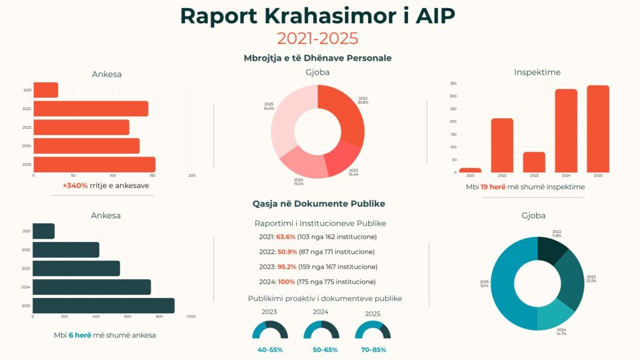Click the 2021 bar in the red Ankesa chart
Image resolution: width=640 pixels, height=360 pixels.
[x=45, y=90]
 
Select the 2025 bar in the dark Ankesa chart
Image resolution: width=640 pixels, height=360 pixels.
[x=103, y=306]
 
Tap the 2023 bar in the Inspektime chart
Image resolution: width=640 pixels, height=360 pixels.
[x=534, y=162]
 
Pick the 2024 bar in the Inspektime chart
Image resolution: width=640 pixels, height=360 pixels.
[x=566, y=131]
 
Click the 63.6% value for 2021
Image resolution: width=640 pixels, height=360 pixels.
[x=286, y=237]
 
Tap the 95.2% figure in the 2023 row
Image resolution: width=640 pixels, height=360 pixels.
[x=286, y=267]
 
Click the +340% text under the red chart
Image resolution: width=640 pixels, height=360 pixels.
[x=75, y=186]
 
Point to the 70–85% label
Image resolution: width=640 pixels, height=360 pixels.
[x=372, y=349]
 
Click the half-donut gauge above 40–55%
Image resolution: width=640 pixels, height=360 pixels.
[x=270, y=331]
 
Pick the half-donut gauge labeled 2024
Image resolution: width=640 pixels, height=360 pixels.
[x=321, y=331]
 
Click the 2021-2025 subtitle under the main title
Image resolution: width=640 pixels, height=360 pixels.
[x=317, y=38]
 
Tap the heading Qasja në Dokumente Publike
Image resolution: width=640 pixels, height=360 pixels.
[x=319, y=204]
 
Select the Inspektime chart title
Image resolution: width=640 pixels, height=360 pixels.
[x=537, y=72]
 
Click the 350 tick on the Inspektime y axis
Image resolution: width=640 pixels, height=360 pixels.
[x=453, y=84]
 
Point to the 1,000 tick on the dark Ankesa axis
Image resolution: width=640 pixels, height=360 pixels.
[x=191, y=317]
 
